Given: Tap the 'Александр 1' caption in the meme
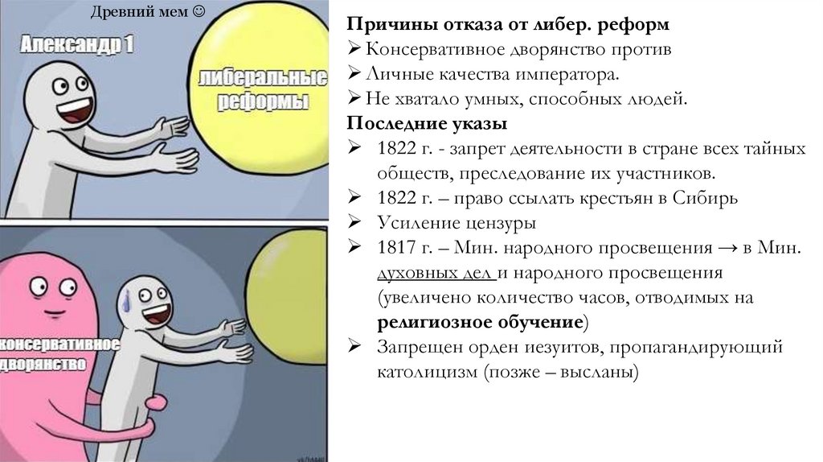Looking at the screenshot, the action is [x=78, y=46].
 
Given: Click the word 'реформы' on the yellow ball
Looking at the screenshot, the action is [x=264, y=101].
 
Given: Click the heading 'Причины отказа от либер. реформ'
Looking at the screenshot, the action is [x=508, y=26].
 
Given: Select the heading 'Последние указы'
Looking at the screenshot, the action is [x=427, y=124].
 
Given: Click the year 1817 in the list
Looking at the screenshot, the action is [x=394, y=248].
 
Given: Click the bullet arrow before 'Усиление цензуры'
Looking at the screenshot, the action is [x=354, y=223].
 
